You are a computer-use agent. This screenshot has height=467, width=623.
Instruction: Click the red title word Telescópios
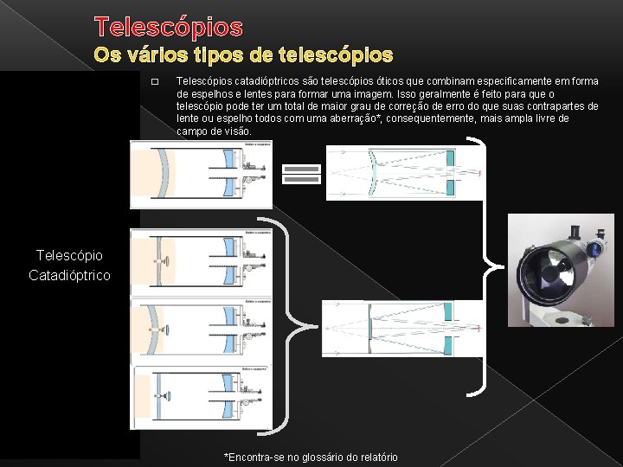pos(169,27)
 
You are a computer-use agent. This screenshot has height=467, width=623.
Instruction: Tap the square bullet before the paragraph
pos(154,82)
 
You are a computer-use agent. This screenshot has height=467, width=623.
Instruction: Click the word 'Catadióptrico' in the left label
pos(69,275)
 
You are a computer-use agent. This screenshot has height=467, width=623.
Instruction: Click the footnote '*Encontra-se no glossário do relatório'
pos(311,457)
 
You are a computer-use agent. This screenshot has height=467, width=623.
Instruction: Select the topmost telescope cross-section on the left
pos(200,176)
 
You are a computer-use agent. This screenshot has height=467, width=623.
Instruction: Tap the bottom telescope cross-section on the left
pos(200,397)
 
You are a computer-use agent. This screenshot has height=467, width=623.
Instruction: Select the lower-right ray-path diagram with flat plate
pos(401,329)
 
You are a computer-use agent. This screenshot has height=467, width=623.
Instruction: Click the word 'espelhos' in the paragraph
pos(200,93)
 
